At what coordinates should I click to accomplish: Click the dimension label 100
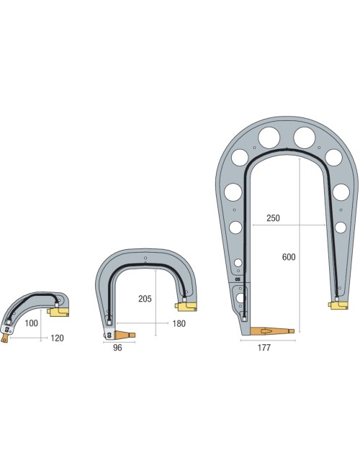[x=32, y=324]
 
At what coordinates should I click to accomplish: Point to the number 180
[x=179, y=323]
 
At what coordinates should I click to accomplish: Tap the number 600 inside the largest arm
[x=289, y=257]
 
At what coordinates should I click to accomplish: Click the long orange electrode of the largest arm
[x=271, y=330]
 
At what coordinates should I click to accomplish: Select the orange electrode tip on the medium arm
[x=126, y=335]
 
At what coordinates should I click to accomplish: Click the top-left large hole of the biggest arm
[x=266, y=136]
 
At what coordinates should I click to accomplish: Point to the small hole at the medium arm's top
[x=145, y=258]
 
